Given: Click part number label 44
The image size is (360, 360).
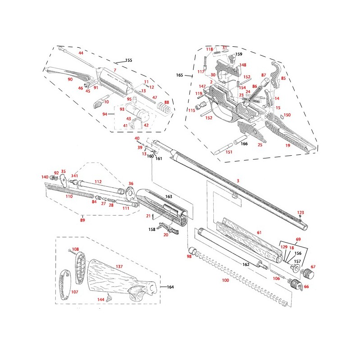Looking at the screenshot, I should pyautogui.click(x=81, y=53).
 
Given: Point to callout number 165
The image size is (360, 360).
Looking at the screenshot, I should pyautogui.click(x=180, y=75).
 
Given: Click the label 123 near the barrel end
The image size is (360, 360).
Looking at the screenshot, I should pyautogui.click(x=301, y=212).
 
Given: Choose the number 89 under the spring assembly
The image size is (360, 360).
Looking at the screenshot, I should pyautogui.click(x=82, y=220).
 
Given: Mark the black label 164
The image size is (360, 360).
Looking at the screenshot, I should pyautogui.click(x=170, y=287).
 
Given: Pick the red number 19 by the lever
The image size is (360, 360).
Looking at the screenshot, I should pyautogui.click(x=288, y=146).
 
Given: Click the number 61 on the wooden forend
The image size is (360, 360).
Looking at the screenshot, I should pyautogui.click(x=259, y=232).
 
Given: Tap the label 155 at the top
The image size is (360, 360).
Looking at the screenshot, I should pyautogui.click(x=129, y=60).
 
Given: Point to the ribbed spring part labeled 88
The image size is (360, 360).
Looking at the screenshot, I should pyautogui.click(x=166, y=110).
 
